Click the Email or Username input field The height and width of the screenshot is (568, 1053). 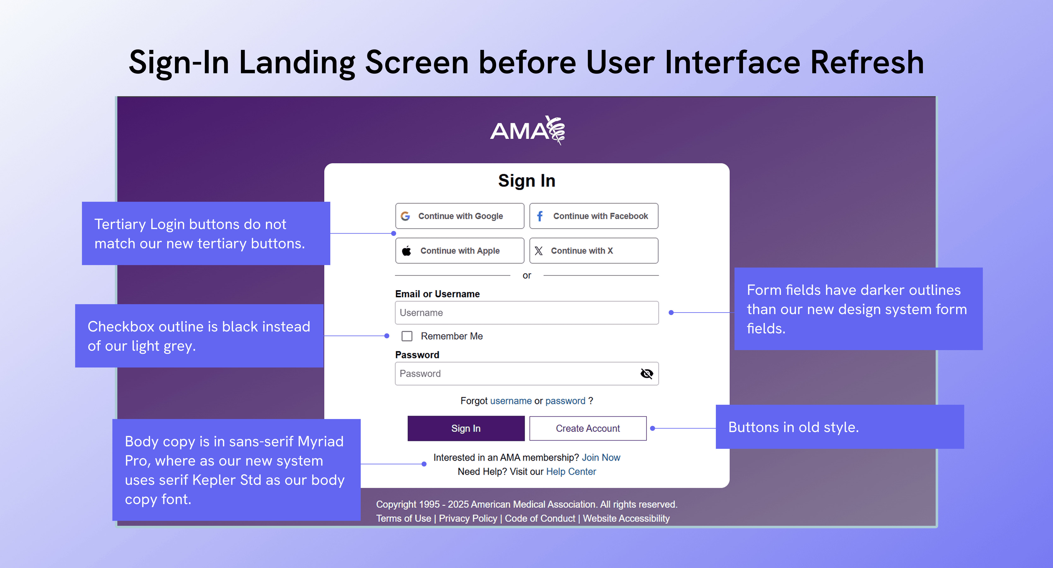526,313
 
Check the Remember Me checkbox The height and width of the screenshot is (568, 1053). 407,336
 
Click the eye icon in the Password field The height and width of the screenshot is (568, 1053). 646,373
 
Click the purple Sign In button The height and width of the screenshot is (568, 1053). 466,428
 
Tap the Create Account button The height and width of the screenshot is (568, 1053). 588,428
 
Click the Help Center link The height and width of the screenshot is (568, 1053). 571,472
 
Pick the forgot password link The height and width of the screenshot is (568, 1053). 565,401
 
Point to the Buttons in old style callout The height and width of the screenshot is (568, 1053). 840,427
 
